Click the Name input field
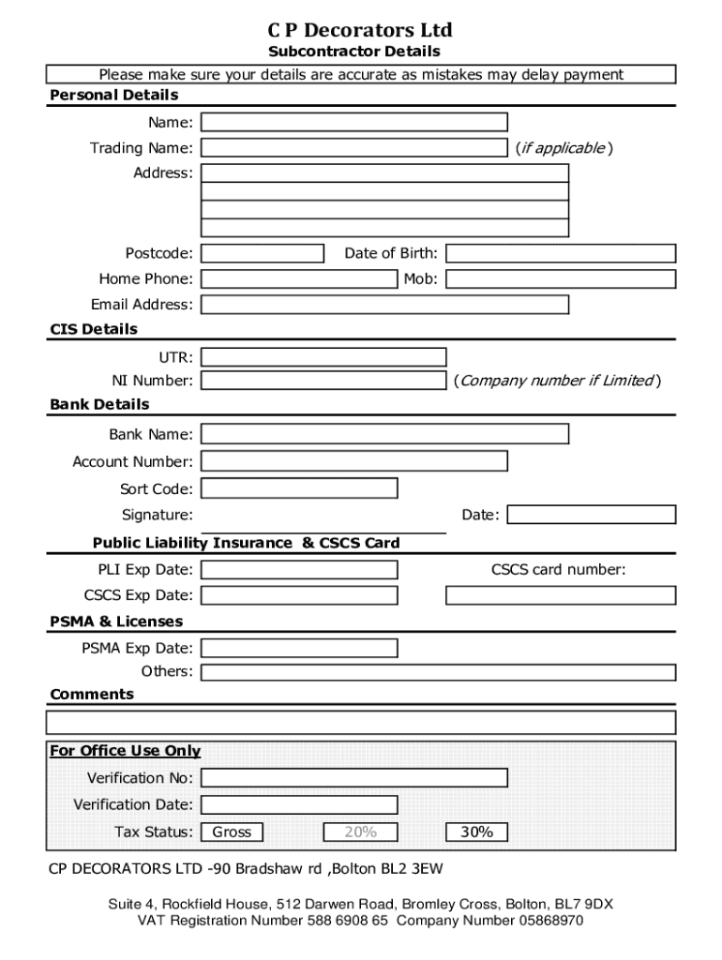[354, 122]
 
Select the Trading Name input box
[354, 147]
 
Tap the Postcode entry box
[263, 253]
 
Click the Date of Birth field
[561, 253]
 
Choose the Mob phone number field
[561, 278]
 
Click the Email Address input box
[384, 304]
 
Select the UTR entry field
[323, 356]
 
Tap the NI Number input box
[323, 381]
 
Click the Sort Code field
[299, 488]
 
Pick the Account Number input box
[354, 461]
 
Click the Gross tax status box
[233, 832]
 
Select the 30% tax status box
[477, 832]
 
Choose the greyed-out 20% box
[360, 832]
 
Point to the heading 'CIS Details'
[94, 329]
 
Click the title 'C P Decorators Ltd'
[360, 31]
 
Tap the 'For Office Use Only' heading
[125, 751]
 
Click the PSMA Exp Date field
[299, 648]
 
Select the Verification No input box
[354, 778]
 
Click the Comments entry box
[361, 723]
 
